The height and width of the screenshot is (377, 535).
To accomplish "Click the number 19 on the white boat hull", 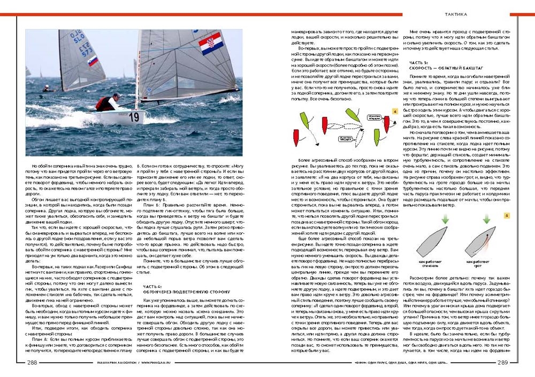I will coord(134,116).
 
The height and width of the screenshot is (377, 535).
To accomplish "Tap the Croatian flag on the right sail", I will coord(210,42).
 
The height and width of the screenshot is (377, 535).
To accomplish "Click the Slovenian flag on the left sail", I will coord(93,61).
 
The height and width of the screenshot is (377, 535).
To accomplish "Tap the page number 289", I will coord(503,363).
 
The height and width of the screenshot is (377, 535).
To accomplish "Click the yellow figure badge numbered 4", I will coord(394,112).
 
